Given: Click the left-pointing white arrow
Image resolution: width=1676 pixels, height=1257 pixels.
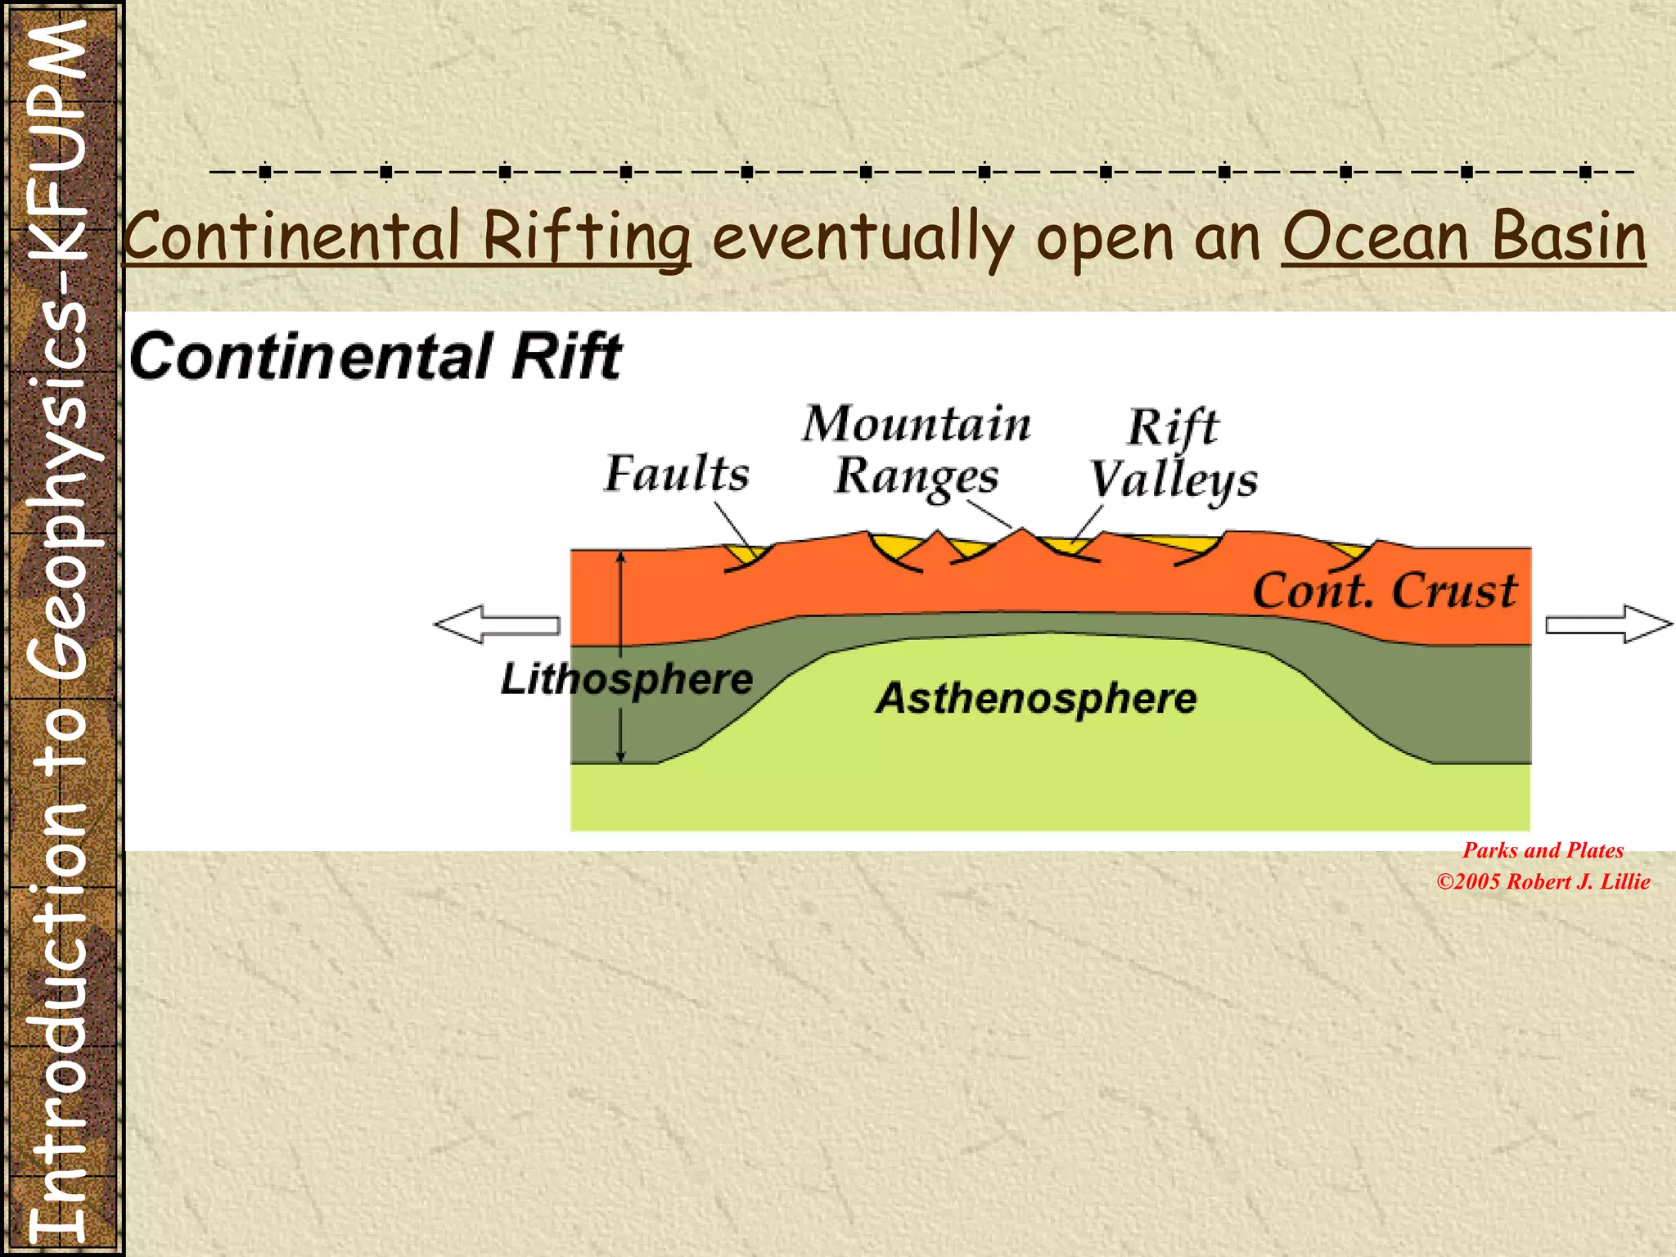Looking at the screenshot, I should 496,624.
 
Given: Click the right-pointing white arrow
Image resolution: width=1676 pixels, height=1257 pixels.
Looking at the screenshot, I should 1609,624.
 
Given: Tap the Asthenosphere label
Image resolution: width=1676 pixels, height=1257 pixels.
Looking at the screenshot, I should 1036,699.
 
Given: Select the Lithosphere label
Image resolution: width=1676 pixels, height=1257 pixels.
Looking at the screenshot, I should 627,679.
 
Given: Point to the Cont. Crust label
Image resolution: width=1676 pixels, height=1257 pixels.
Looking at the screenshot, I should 1385,591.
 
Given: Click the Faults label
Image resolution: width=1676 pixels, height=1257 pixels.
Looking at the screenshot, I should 677,474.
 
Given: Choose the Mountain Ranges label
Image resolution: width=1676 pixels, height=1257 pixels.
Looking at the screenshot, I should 917,450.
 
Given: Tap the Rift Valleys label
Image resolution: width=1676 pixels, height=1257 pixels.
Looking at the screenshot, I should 1174,454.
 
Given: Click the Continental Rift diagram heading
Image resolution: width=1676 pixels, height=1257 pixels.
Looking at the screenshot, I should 376,357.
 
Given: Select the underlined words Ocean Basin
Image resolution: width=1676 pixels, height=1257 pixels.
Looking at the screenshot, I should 1463,237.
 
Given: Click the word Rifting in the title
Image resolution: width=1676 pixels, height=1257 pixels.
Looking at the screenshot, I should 586,237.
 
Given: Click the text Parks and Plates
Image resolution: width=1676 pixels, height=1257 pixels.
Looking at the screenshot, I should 1543,850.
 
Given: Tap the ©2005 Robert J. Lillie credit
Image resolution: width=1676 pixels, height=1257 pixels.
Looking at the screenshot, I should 1543,881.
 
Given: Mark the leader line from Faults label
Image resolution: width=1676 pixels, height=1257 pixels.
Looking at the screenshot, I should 734,525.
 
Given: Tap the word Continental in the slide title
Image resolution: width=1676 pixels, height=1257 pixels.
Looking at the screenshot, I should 292,237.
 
